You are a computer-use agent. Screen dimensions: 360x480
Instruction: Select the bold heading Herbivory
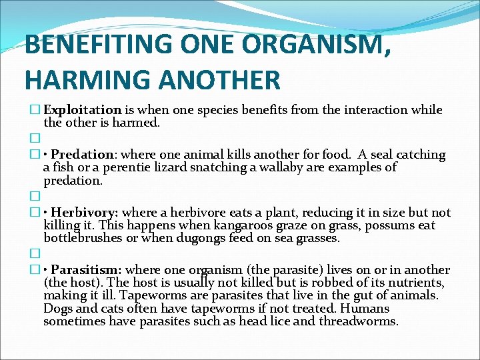point(85,213)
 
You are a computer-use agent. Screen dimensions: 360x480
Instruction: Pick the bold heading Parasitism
point(86,270)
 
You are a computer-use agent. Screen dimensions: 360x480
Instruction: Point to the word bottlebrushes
point(82,238)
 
